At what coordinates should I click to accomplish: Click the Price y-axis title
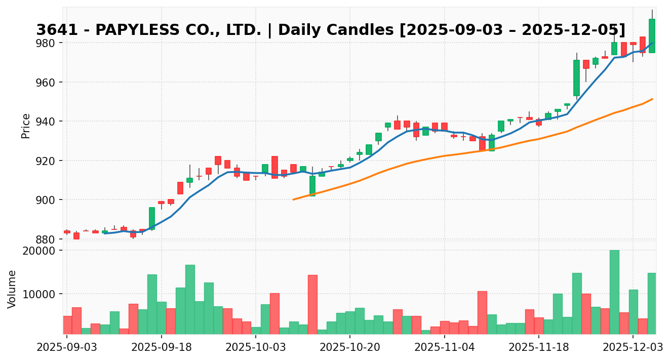[26, 126]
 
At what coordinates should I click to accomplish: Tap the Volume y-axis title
[12, 289]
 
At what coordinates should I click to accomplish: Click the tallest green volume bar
[614, 292]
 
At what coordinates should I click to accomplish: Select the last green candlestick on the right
[652, 35]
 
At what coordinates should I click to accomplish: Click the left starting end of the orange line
[294, 199]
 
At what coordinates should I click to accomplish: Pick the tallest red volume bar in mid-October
[312, 304]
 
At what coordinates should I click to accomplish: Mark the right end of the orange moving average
[652, 99]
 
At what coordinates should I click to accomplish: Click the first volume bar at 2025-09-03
[67, 325]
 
